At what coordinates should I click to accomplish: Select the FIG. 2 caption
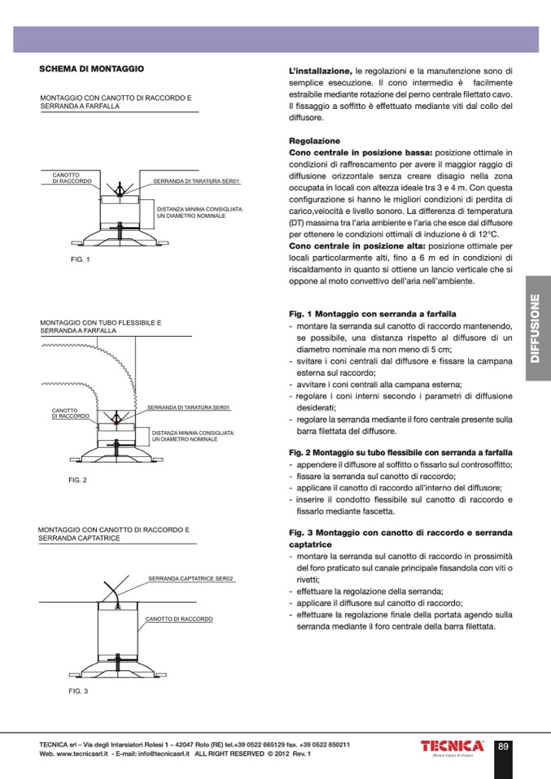click(x=77, y=480)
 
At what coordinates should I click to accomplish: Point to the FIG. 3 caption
click(x=78, y=690)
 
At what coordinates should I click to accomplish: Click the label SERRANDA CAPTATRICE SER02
click(x=190, y=578)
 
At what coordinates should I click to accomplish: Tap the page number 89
click(x=503, y=746)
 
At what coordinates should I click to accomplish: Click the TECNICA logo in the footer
click(x=452, y=746)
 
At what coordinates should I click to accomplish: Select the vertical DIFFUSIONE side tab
click(x=537, y=328)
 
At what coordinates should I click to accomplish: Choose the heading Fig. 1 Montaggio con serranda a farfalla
click(x=373, y=313)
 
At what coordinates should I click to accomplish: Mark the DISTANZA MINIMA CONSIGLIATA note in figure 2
click(x=192, y=436)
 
